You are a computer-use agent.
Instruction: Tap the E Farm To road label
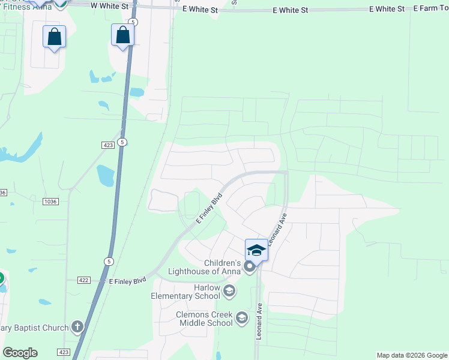(x=431, y=10)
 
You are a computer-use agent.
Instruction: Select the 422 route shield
(x=84, y=280)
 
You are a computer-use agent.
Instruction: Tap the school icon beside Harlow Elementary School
(x=228, y=292)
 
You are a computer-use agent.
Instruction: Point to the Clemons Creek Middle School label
(x=203, y=319)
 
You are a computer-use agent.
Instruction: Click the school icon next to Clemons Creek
(x=242, y=317)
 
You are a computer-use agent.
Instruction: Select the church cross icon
(x=77, y=327)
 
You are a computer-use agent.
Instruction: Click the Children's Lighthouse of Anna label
(x=222, y=267)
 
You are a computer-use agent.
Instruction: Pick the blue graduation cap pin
(x=256, y=250)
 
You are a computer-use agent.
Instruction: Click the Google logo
(x=20, y=353)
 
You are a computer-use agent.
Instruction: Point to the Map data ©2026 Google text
(x=412, y=355)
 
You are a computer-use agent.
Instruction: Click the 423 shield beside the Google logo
(x=65, y=352)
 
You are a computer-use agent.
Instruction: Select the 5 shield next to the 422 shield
(x=109, y=262)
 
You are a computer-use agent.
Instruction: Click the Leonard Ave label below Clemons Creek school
(x=260, y=322)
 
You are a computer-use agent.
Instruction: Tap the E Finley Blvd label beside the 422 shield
(x=127, y=280)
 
